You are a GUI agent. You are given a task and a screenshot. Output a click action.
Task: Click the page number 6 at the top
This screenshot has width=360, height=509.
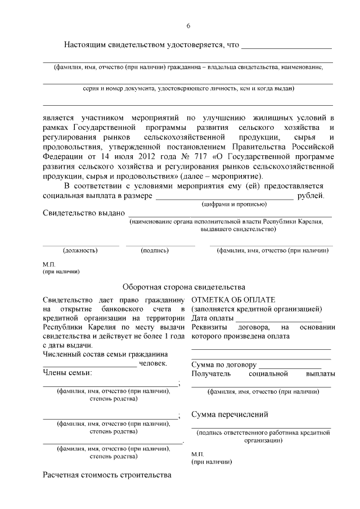pyautogui.click(x=188, y=26)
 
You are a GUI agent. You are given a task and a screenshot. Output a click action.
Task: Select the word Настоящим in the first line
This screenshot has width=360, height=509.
pyautogui.click(x=87, y=45)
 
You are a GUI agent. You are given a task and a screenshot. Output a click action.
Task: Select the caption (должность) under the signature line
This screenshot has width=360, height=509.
pyautogui.click(x=80, y=250)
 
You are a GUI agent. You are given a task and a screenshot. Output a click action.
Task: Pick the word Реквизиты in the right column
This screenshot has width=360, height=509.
pyautogui.click(x=210, y=327)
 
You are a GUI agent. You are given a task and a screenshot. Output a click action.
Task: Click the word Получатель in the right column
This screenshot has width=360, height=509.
pyautogui.click(x=211, y=373)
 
